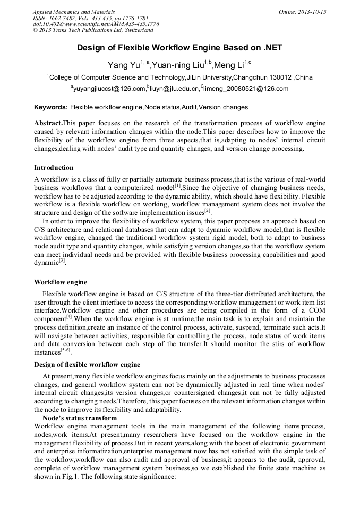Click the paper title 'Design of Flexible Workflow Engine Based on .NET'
179,48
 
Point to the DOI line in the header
96,24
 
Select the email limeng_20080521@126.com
246,89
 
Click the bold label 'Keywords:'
51,107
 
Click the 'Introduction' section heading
54,168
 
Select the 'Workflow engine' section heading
61,282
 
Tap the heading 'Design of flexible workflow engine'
87,365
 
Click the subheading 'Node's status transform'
79,418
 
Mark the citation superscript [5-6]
66,350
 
